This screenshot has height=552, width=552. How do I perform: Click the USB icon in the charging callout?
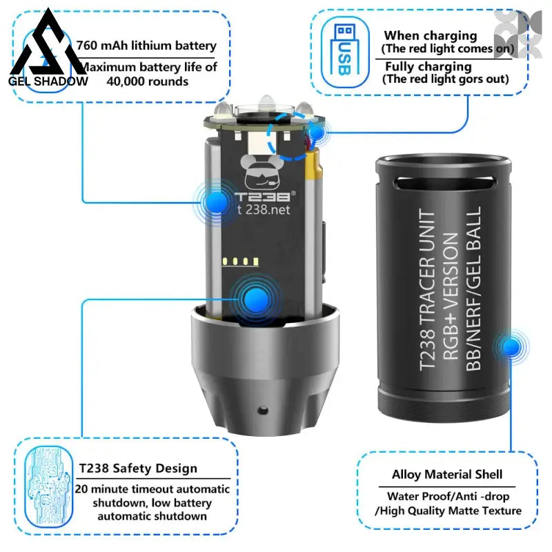pyautogui.click(x=344, y=52)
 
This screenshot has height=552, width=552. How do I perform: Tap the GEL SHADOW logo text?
pyautogui.click(x=48, y=81)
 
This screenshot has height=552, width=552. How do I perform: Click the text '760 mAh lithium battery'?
pyautogui.click(x=146, y=46)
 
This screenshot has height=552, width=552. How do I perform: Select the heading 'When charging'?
pyautogui.click(x=431, y=36)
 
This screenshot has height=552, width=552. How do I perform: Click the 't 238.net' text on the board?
pyautogui.click(x=264, y=210)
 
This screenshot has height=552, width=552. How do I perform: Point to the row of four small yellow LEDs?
pyautogui.click(x=241, y=262)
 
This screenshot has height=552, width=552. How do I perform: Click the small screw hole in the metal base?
pyautogui.click(x=263, y=410)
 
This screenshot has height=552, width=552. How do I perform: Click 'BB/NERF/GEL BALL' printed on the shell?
pyautogui.click(x=473, y=288)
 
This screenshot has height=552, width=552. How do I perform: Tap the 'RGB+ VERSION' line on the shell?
pyautogui.click(x=451, y=296)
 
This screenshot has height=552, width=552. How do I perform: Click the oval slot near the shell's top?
pyautogui.click(x=444, y=183)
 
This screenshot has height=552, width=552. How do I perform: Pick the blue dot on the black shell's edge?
pyautogui.click(x=511, y=347)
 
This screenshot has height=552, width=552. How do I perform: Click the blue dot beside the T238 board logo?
pyautogui.click(x=216, y=201)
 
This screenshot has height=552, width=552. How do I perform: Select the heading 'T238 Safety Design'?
pyautogui.click(x=138, y=469)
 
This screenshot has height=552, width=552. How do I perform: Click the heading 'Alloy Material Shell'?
pyautogui.click(x=447, y=475)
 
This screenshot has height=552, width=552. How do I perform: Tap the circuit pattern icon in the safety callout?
pyautogui.click(x=48, y=486)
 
